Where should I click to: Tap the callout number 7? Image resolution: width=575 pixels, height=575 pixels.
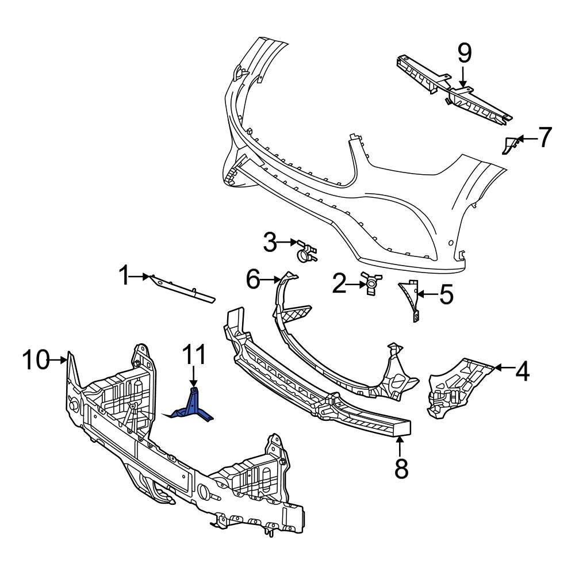(544, 137)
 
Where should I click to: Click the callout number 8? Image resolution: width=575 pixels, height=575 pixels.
(401, 468)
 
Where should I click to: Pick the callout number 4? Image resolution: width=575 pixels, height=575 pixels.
(521, 372)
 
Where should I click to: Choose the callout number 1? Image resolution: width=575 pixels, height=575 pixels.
(123, 277)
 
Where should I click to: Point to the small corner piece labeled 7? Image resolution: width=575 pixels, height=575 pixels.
(509, 145)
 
